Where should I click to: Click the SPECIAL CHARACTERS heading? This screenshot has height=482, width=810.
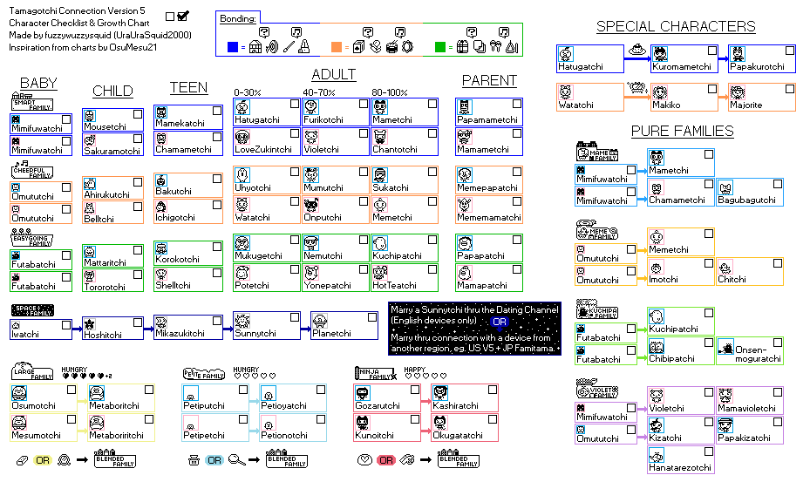[676, 26]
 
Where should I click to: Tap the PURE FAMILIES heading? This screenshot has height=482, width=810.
[682, 131]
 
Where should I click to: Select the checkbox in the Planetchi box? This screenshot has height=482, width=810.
[370, 320]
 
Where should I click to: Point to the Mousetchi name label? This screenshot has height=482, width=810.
[105, 127]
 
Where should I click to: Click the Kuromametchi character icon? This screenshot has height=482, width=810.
[660, 53]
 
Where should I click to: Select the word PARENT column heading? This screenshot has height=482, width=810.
[489, 80]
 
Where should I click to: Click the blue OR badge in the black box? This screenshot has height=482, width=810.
[500, 322]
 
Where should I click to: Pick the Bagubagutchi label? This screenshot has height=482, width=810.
[746, 200]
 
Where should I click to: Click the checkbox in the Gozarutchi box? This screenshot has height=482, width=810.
[415, 390]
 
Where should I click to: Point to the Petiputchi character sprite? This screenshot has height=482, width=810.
[190, 394]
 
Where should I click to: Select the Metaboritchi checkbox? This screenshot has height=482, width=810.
[147, 390]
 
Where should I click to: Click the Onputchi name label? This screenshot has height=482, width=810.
[323, 218]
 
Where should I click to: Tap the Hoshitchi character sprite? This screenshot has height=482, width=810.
[91, 324]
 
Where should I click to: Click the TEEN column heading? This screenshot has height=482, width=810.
[188, 87]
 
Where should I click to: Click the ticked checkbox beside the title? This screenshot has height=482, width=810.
[183, 16]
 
